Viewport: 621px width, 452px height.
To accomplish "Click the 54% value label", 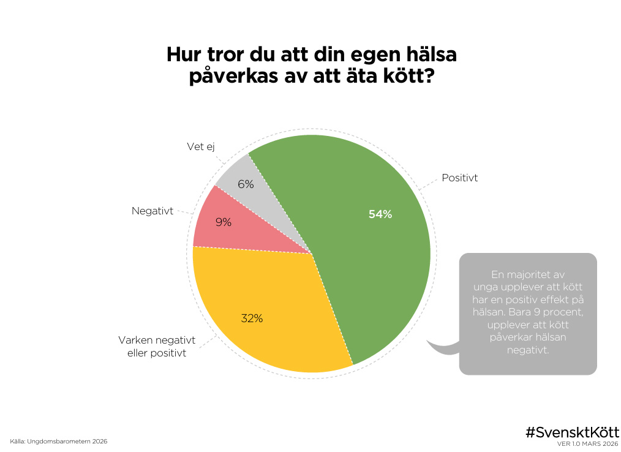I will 380,214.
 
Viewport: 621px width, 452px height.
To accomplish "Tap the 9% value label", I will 224,223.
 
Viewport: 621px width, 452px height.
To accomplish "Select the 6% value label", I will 246,184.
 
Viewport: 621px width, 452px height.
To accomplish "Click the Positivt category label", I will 459,178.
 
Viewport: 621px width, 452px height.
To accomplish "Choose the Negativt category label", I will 152,211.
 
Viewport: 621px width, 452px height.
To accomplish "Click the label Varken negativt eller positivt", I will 156,347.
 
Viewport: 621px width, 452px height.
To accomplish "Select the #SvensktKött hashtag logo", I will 572,431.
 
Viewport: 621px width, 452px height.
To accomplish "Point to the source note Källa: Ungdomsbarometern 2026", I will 59,441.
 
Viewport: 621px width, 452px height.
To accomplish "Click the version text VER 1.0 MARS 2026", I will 587,443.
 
